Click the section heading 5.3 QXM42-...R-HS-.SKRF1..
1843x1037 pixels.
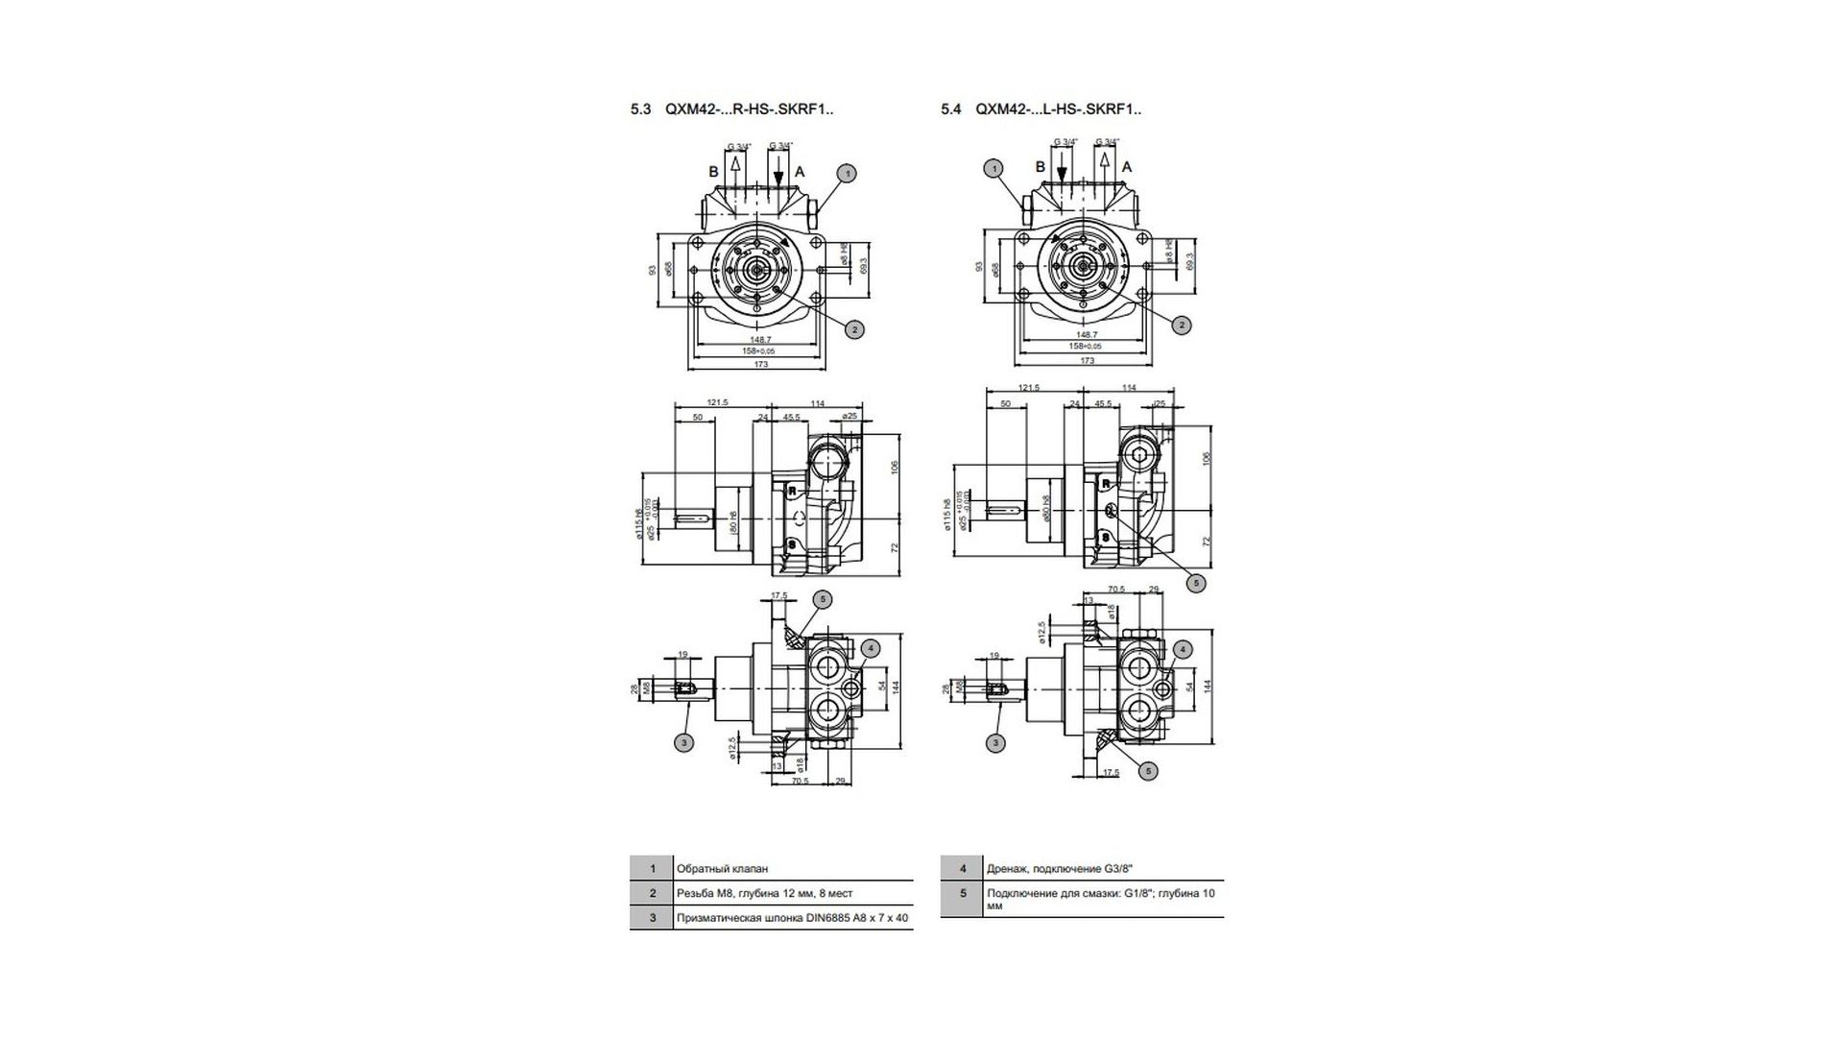(731, 109)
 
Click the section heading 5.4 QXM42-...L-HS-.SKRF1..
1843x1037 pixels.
(1041, 109)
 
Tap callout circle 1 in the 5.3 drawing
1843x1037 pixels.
(846, 174)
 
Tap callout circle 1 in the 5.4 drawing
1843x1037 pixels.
(994, 168)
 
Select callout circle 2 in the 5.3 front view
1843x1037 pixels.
(853, 329)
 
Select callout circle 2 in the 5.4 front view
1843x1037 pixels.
(1183, 326)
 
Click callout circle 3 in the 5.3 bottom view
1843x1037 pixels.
(684, 742)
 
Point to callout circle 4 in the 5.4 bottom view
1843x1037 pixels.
(1183, 650)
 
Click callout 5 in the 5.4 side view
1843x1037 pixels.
(1195, 582)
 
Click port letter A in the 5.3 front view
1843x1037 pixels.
(800, 172)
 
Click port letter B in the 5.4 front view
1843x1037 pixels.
(1040, 167)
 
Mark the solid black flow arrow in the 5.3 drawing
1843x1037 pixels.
(778, 179)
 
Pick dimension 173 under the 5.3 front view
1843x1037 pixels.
(761, 364)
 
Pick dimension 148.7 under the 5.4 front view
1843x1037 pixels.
(1088, 335)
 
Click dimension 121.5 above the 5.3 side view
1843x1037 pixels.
(716, 403)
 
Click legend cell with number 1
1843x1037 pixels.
(653, 869)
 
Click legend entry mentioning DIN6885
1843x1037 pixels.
(792, 918)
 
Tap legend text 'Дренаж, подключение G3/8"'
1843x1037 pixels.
(1053, 869)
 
